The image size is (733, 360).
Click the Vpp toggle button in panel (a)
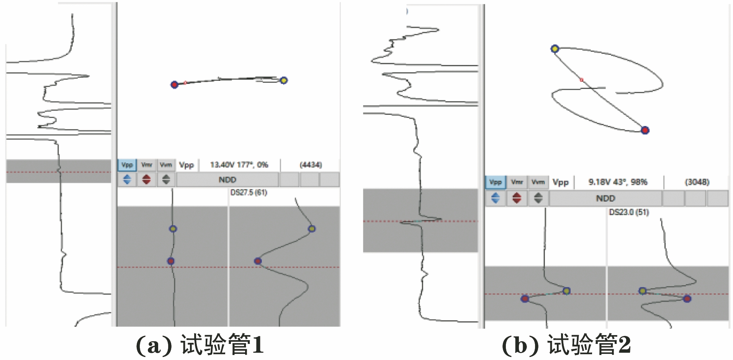point(127,165)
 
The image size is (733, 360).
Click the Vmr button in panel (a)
point(147,165)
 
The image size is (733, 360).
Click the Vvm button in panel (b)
point(538,182)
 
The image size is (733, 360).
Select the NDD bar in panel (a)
point(227,180)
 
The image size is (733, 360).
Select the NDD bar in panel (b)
point(605,198)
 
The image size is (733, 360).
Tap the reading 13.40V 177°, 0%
point(239,165)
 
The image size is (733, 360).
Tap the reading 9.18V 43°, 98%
point(618,182)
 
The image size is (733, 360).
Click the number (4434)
point(311,165)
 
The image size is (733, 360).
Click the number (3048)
point(697,182)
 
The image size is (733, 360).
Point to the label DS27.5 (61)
point(249,193)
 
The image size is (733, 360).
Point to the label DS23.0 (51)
point(629,212)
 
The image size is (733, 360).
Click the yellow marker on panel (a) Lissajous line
point(283,80)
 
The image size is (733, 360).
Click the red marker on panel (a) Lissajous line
point(174,85)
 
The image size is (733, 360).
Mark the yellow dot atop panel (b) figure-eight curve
point(555,49)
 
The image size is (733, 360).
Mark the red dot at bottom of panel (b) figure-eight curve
point(645,130)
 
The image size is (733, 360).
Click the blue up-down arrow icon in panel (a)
point(127,179)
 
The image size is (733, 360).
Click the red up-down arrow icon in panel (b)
point(517,198)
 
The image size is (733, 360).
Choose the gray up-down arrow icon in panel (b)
point(538,198)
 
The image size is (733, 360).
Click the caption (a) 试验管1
point(200,345)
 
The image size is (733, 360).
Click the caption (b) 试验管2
point(566,345)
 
